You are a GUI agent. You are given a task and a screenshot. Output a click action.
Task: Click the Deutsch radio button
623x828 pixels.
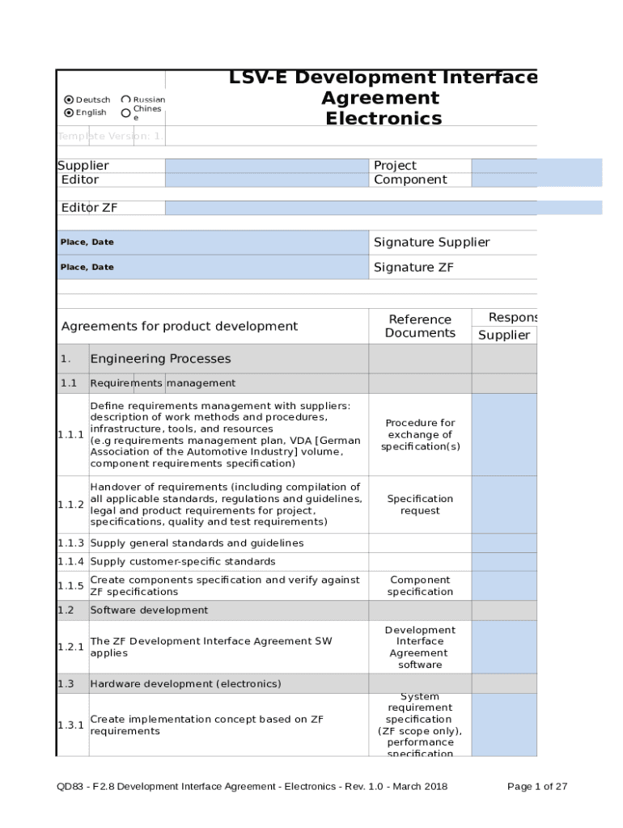pyautogui.click(x=69, y=100)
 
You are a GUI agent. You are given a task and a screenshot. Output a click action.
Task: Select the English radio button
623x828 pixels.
pyautogui.click(x=69, y=113)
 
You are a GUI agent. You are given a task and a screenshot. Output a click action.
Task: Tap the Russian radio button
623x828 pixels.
pyautogui.click(x=125, y=100)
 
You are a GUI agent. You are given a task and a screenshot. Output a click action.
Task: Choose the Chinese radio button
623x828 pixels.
pyautogui.click(x=125, y=113)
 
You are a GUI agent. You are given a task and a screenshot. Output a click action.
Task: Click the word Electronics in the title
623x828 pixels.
pyautogui.click(x=384, y=119)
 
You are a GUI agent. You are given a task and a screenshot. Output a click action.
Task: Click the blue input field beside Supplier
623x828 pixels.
pyautogui.click(x=266, y=166)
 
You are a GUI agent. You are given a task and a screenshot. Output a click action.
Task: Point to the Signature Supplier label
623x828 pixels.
pyautogui.click(x=431, y=243)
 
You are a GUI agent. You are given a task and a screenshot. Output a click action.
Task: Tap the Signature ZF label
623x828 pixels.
pyautogui.click(x=413, y=268)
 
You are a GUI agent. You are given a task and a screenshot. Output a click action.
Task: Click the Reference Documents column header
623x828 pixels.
pyautogui.click(x=420, y=327)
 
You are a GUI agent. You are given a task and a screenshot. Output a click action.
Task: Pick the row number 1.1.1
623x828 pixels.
pyautogui.click(x=71, y=435)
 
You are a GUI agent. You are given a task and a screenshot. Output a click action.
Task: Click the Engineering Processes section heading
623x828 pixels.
pyautogui.click(x=160, y=359)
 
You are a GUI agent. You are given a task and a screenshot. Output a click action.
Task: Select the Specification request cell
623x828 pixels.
pyautogui.click(x=420, y=505)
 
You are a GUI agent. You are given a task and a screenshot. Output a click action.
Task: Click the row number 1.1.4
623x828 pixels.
pyautogui.click(x=71, y=562)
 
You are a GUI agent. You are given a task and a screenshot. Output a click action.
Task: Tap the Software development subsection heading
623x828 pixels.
pyautogui.click(x=149, y=610)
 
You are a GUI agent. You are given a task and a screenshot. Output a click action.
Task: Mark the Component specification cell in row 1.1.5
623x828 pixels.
pyautogui.click(x=420, y=586)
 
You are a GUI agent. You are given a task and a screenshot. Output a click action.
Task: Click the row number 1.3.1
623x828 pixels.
pyautogui.click(x=71, y=725)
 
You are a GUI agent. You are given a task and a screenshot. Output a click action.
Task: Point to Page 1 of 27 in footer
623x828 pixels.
pyautogui.click(x=537, y=786)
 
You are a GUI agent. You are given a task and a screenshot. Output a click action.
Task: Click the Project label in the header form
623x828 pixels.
pyautogui.click(x=395, y=166)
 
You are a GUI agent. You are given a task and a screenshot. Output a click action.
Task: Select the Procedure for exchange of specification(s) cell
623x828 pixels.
pyautogui.click(x=420, y=435)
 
